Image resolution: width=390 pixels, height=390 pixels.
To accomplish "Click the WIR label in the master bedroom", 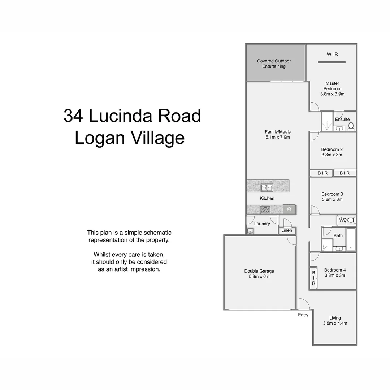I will tap(332, 54).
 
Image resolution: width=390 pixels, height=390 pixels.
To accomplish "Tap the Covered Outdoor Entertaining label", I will tap(274, 64).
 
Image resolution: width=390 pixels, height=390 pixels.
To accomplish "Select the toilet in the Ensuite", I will tap(351, 126).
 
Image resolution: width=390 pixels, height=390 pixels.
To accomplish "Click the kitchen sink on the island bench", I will tap(267, 187).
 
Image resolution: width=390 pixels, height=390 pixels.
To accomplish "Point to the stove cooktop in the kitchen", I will tap(265, 209).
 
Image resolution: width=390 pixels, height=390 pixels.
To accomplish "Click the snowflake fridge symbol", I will tap(289, 209).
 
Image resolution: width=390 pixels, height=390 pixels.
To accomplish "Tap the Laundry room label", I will tap(262, 224).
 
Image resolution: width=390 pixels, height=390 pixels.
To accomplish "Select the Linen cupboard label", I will tap(287, 230).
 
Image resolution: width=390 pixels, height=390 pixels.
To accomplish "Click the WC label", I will tap(343, 220).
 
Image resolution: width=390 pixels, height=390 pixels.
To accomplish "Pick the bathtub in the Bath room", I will tap(351, 239).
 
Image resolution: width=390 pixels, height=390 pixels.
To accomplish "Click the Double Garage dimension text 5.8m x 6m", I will tap(259, 277).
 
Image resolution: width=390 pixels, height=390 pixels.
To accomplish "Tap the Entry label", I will tap(303, 315).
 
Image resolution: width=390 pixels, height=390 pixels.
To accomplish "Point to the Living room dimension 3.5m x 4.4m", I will tap(335, 324).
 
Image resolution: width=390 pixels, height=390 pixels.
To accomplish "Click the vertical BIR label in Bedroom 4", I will tap(313, 278).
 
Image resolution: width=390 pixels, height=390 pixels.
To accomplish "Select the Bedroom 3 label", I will tap(332, 194).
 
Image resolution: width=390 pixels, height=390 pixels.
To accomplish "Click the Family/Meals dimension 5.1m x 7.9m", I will tap(277, 137).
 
